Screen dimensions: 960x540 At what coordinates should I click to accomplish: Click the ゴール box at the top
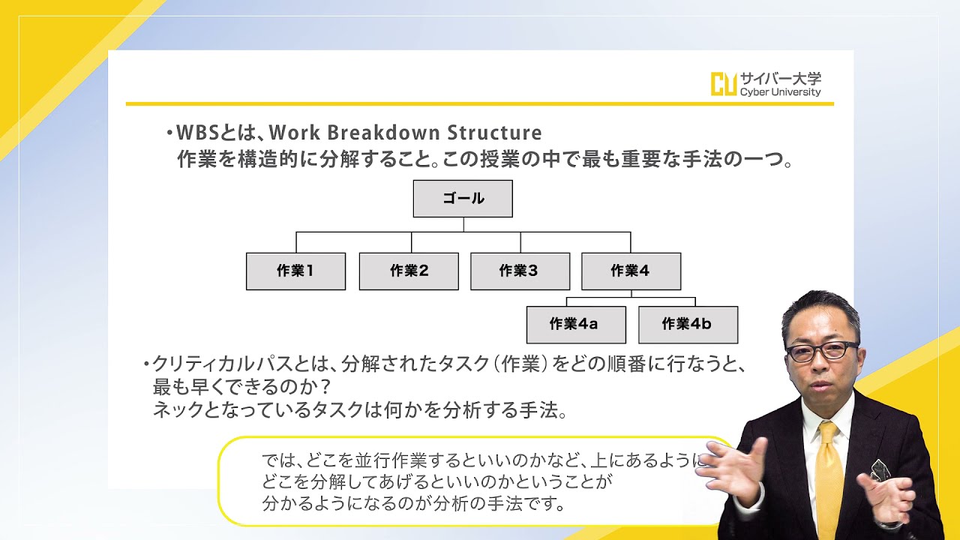(463, 199)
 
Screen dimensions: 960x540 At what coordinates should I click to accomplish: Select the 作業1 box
(295, 271)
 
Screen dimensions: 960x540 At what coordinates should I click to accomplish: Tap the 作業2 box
(409, 271)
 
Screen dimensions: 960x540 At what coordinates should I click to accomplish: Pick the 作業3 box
(520, 271)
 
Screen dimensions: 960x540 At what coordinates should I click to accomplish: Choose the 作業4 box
(631, 271)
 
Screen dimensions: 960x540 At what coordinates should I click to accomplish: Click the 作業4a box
(576, 325)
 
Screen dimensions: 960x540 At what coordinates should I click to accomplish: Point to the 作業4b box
(688, 325)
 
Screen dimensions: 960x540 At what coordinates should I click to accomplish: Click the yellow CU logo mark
(724, 84)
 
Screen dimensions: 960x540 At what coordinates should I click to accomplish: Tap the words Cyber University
(781, 92)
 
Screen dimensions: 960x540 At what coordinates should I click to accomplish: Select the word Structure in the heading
(494, 133)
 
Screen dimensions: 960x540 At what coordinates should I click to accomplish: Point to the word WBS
(198, 133)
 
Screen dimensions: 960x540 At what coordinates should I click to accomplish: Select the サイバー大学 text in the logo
(781, 79)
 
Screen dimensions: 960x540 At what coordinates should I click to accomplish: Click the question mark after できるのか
(325, 388)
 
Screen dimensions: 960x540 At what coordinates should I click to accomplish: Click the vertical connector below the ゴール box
(463, 224)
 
